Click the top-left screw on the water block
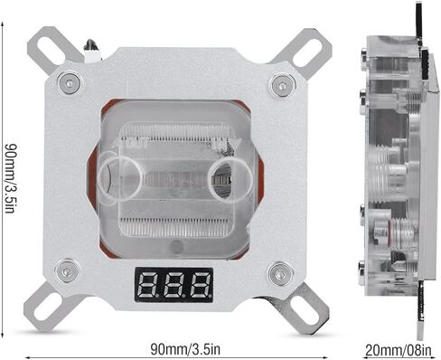70,83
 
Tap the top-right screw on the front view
282,86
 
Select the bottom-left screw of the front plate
67,271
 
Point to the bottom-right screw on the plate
281,274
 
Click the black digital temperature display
174,285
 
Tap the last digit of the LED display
201,286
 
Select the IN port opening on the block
230,179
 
